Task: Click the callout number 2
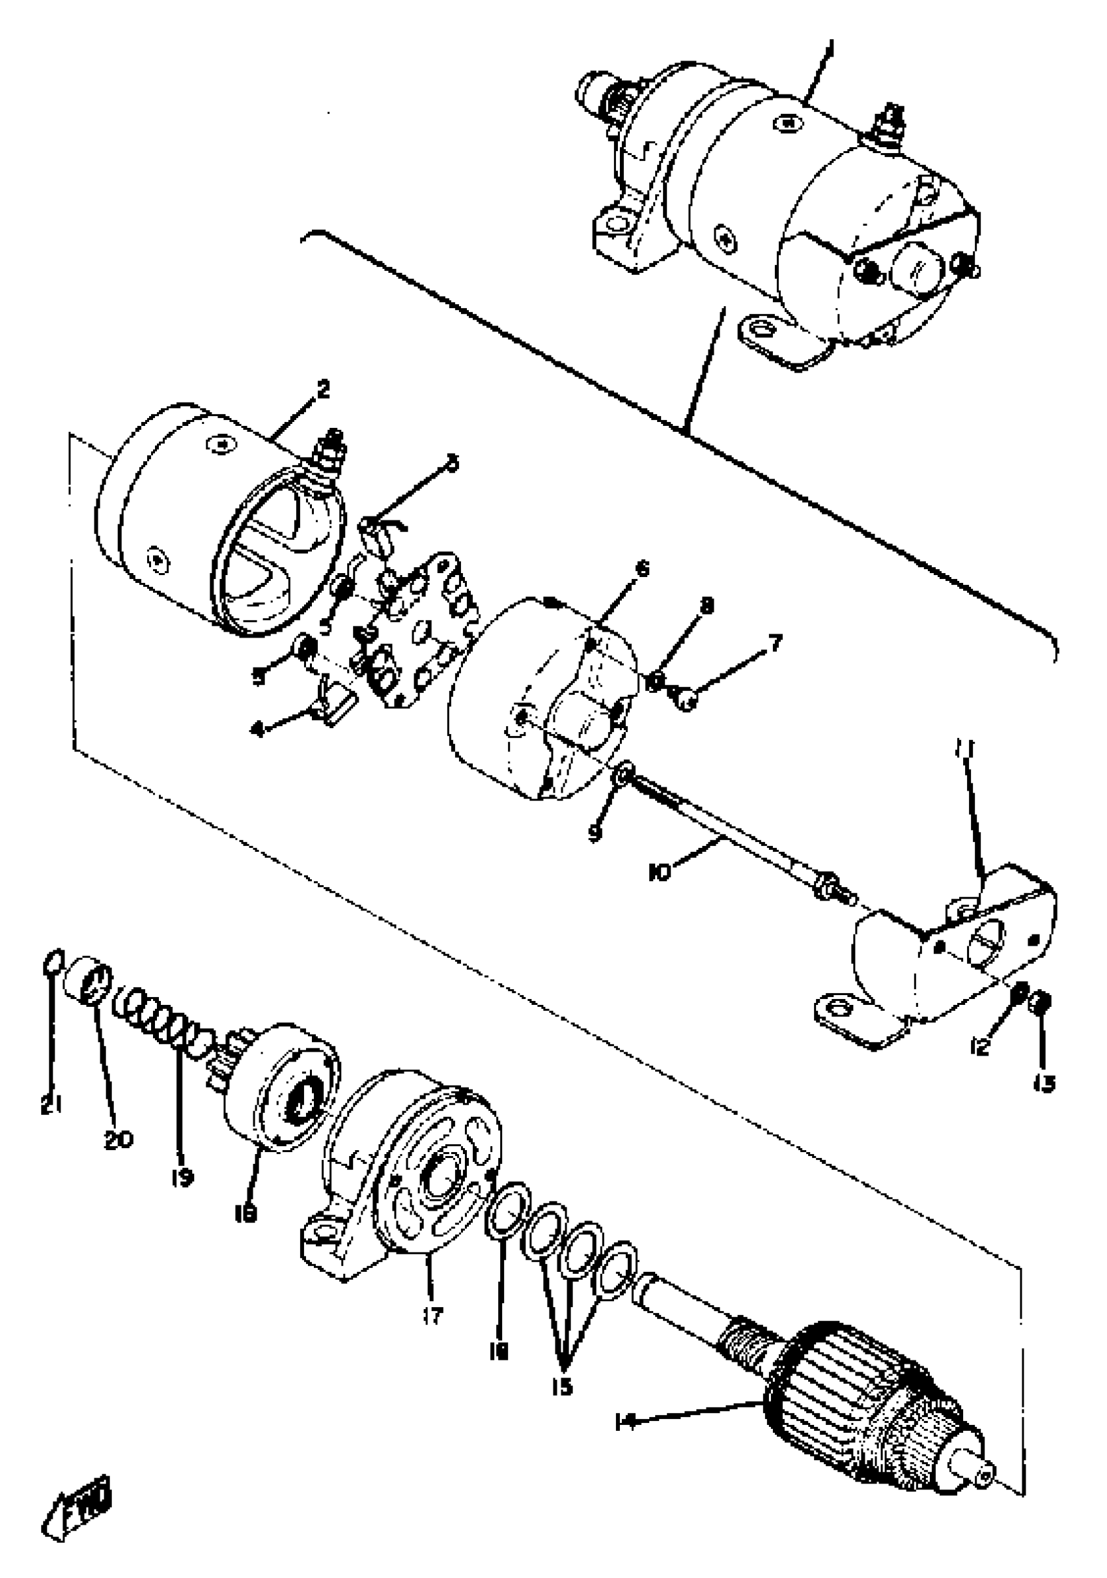point(323,389)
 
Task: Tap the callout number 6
point(643,569)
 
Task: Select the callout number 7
point(774,644)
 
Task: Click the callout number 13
point(1044,1084)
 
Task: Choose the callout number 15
point(561,1387)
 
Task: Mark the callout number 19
point(182,1177)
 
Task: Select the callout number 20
point(119,1140)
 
